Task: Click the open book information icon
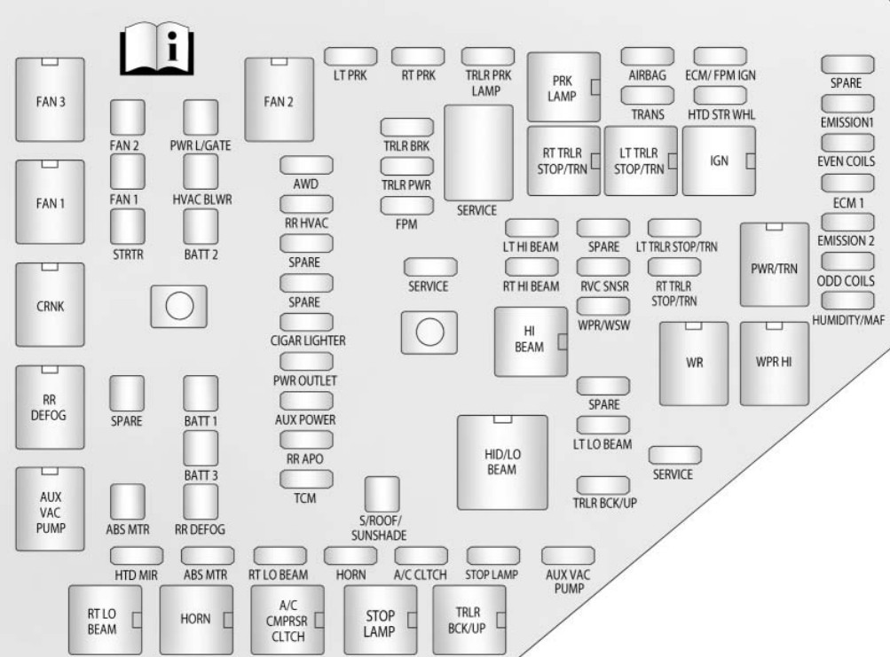coord(157,51)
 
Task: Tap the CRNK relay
coord(51,306)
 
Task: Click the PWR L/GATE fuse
coord(201,115)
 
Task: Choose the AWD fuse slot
coord(306,164)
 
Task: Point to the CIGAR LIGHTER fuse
coord(306,322)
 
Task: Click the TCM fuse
coord(306,480)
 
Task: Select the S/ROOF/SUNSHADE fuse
coord(382,493)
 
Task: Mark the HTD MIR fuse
coord(137,555)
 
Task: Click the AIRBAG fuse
coord(647,56)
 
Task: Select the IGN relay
coord(718,160)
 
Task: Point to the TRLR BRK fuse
coord(406,126)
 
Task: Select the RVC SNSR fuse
coord(603,267)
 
